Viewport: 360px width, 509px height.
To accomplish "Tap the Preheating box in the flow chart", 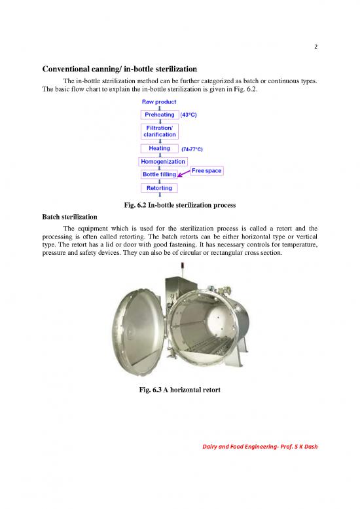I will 160,115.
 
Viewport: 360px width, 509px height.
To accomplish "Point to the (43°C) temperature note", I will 189,115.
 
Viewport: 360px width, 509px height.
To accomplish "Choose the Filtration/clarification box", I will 160,130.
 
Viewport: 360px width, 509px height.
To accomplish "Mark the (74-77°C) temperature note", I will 192,149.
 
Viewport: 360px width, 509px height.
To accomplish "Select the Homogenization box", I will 163,161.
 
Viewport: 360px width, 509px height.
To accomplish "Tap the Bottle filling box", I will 160,175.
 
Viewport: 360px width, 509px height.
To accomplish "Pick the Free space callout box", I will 206,171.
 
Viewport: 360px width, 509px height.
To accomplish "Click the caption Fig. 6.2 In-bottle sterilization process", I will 179,204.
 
